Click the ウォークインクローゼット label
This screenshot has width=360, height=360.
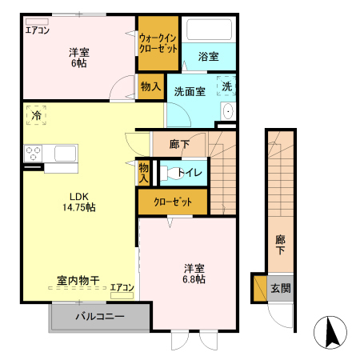coord(158,42)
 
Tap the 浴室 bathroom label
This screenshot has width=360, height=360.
coord(208,57)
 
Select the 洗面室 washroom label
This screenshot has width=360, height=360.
coord(190,90)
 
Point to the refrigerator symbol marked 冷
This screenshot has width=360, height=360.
coord(36,115)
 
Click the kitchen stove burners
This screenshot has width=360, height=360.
coord(34,152)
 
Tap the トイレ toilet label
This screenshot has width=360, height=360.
coord(189,172)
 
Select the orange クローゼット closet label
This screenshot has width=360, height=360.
coord(172,202)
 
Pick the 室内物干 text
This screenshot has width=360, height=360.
coord(78,281)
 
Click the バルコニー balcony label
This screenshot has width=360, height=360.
coord(100,317)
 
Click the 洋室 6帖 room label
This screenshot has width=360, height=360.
coord(78,58)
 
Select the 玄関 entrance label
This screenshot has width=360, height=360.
coord(280,288)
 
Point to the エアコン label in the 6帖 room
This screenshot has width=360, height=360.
coord(37,31)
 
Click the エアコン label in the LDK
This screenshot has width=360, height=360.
coord(122,287)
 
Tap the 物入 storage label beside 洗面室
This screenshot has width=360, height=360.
coord(150,86)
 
